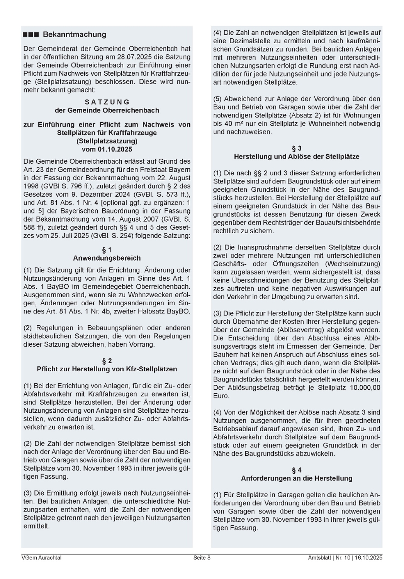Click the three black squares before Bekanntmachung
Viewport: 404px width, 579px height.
[x=31, y=35]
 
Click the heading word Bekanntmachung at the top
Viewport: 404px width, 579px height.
[x=74, y=34]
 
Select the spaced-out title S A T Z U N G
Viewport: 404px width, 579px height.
[x=107, y=102]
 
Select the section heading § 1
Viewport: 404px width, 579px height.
[x=107, y=250]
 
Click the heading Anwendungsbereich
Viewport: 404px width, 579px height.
[x=107, y=258]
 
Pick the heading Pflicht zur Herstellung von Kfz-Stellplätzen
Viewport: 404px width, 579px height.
[x=107, y=369]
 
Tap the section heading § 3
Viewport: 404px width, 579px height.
[x=297, y=149]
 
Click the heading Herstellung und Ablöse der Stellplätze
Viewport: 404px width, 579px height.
[x=297, y=157]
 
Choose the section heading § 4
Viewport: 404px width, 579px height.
[x=297, y=470]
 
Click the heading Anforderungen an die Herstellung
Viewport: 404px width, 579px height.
[x=297, y=478]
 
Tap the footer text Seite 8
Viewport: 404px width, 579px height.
[x=202, y=557]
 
